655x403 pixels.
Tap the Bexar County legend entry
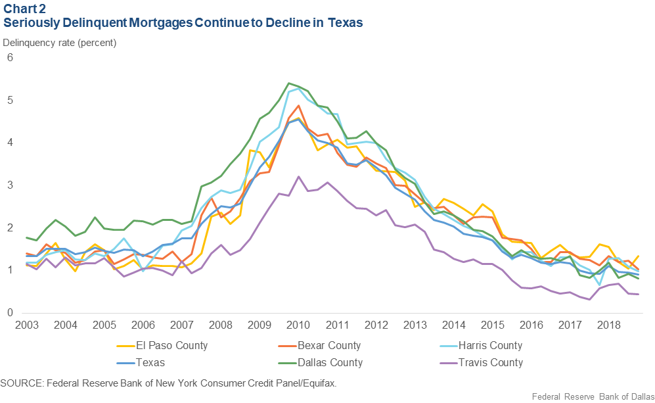click(x=330, y=345)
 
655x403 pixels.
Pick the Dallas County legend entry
click(x=330, y=362)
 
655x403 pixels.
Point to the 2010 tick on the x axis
click(x=298, y=326)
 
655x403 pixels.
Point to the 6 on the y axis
click(x=10, y=58)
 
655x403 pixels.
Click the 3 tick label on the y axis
click(x=10, y=185)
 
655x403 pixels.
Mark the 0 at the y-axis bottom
click(x=10, y=313)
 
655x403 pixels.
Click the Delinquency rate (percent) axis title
click(x=60, y=43)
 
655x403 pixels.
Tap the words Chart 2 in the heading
click(x=24, y=9)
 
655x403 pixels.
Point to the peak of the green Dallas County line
click(x=289, y=83)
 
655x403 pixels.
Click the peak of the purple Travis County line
click(x=298, y=177)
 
